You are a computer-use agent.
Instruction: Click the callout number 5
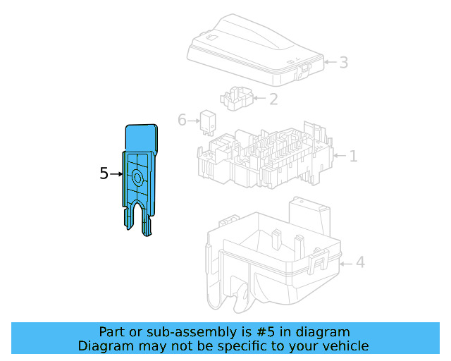coord(104,173)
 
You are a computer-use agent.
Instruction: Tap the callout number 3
coord(344,62)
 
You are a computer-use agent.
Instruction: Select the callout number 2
coord(273,99)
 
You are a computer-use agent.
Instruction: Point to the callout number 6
coord(182,120)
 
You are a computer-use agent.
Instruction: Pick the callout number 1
coord(353,156)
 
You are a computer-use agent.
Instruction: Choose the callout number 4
coord(360,262)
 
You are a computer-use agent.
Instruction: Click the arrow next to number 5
coord(116,174)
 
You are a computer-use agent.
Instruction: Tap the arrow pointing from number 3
coord(330,62)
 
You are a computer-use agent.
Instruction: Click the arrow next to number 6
coord(194,121)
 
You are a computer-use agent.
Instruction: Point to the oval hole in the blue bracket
coord(137,178)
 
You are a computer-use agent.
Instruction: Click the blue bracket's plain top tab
coord(141,137)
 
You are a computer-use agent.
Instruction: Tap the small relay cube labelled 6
coord(208,123)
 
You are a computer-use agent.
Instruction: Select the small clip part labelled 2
coord(237,99)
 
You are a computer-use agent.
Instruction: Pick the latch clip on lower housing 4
coord(319,261)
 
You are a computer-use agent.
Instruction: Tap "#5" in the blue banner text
coord(266,332)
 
